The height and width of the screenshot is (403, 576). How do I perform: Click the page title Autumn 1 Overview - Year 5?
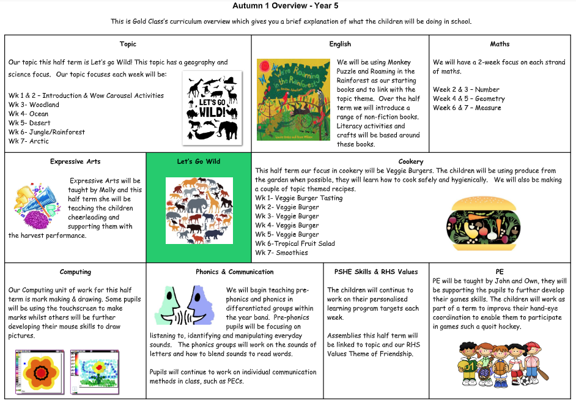(286, 6)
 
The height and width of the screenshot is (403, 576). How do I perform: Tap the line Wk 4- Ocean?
(29, 114)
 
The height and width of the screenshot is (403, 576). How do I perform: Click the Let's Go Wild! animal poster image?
(212, 108)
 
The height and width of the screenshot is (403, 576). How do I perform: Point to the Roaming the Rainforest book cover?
(293, 100)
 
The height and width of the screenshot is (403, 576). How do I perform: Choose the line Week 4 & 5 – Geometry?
(469, 98)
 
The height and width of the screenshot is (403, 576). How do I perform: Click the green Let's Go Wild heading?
(199, 161)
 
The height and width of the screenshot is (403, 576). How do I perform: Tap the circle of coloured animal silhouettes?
(199, 210)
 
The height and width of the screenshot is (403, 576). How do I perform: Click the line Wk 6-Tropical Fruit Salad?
(295, 243)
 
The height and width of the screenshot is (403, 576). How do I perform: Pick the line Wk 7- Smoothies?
(282, 253)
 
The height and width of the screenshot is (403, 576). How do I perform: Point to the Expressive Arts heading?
(75, 161)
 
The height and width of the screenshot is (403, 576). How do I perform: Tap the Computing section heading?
(75, 272)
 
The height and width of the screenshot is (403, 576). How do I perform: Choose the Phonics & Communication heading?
(235, 272)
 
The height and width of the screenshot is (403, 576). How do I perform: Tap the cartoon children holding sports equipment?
(500, 364)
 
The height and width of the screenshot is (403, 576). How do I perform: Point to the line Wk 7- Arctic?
(29, 141)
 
